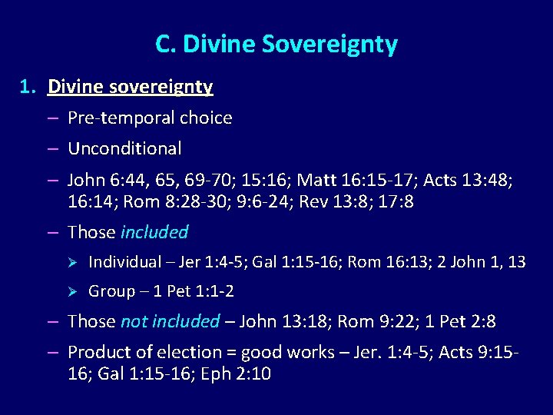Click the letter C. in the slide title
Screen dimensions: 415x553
click(x=164, y=45)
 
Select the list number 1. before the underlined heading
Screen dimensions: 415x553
click(x=28, y=87)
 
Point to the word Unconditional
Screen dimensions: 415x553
click(x=124, y=148)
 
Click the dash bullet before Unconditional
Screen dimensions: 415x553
click(x=52, y=148)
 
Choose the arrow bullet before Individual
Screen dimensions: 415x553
click(x=74, y=262)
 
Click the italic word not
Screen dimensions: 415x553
click(x=134, y=321)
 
